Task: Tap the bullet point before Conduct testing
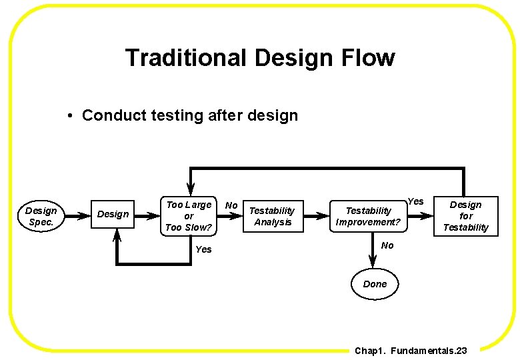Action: coord(70,116)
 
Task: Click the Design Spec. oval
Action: coord(41,216)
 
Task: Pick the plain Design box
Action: coord(113,214)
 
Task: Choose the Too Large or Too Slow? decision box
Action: coord(189,216)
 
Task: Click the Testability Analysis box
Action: coord(272,216)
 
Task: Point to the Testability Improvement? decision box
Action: coord(369,216)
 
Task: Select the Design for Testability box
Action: coord(465,216)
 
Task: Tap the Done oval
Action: coord(375,284)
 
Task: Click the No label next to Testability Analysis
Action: coord(231,205)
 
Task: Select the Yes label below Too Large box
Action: coord(203,249)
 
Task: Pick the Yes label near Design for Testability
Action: coord(415,201)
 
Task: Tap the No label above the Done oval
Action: coord(387,245)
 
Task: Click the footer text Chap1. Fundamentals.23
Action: coord(411,350)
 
